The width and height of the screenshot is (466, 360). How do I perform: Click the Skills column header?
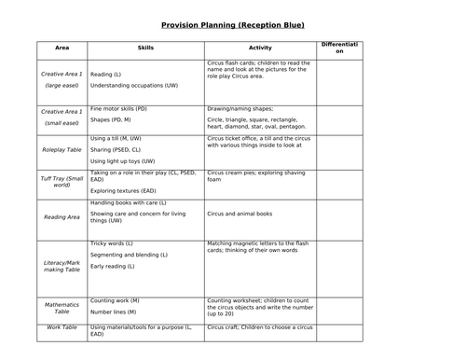[145, 47]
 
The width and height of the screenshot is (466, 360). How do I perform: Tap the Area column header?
[62, 47]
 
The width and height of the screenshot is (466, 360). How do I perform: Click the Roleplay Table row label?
[62, 147]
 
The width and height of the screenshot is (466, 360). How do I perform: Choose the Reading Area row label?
[62, 216]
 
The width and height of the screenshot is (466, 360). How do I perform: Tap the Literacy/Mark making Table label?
[62, 268]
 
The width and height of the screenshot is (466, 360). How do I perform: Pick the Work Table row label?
[62, 328]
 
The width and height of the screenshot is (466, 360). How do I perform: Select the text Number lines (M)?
[116, 313]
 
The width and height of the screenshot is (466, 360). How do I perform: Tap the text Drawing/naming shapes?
[241, 109]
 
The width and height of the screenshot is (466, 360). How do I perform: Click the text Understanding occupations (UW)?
[134, 85]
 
